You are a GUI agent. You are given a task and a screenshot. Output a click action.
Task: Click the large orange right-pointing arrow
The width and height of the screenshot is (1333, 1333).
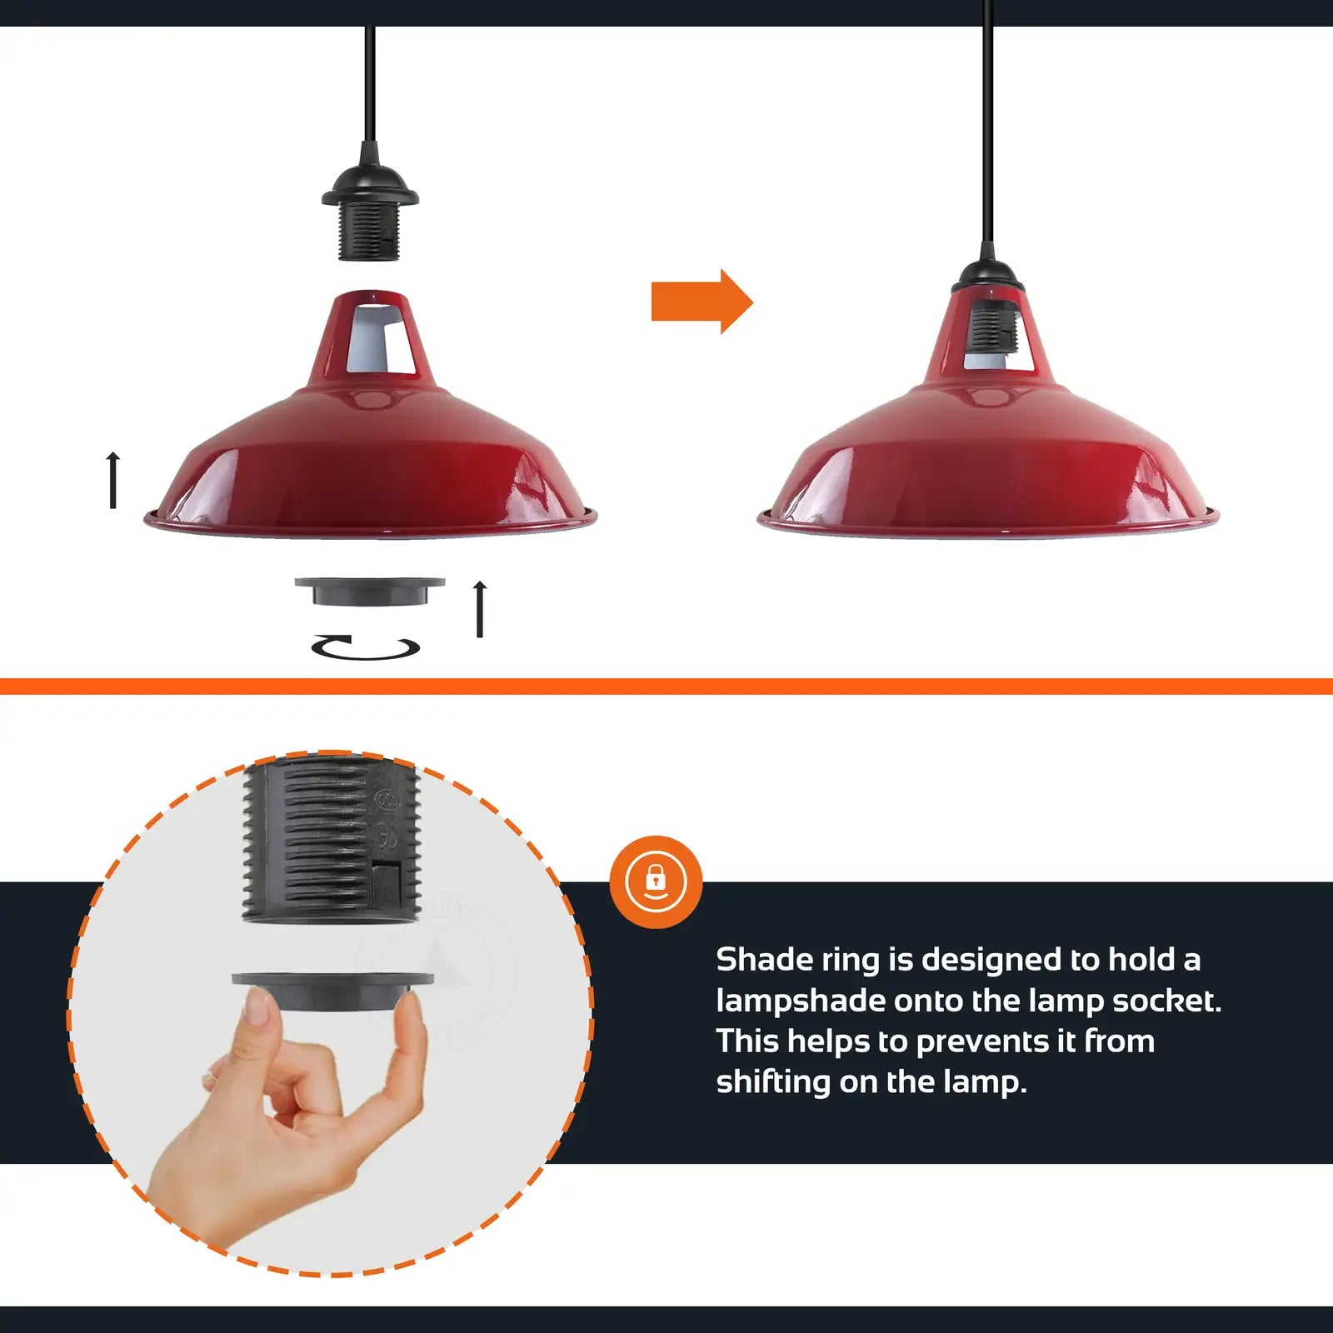click(x=702, y=302)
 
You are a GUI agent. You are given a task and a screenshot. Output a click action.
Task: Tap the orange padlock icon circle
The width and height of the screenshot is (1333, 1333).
click(x=656, y=881)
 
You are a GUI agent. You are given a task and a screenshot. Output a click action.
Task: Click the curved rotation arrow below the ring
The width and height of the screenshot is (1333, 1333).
click(x=365, y=647)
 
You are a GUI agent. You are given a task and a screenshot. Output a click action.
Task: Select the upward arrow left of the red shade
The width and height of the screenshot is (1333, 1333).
click(x=113, y=480)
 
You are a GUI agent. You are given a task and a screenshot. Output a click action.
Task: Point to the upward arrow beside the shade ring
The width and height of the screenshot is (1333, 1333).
click(x=480, y=609)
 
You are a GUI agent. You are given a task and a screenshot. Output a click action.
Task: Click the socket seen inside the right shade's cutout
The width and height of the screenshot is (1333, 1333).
click(x=991, y=327)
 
